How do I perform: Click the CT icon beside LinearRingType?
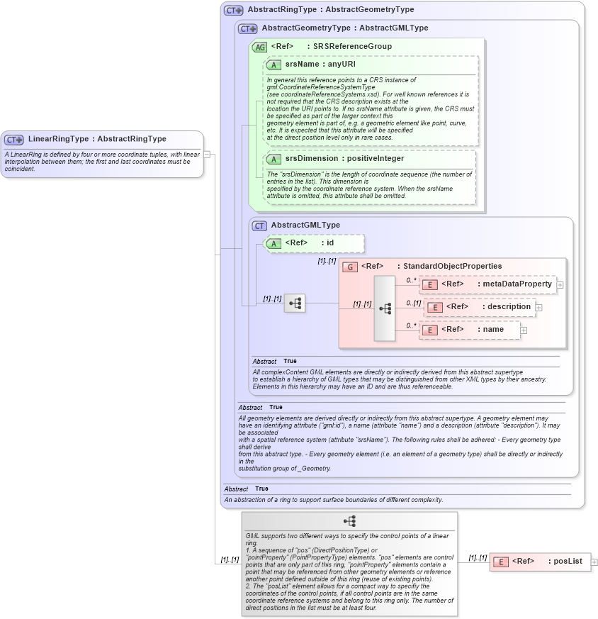(x=14, y=140)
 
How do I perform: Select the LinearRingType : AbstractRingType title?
(x=97, y=139)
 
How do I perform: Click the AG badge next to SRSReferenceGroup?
(x=259, y=47)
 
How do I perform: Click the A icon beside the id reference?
(x=273, y=243)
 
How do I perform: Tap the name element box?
(x=469, y=330)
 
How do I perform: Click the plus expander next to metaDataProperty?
(x=560, y=284)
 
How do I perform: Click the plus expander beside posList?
(x=594, y=562)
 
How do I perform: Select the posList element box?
(x=539, y=562)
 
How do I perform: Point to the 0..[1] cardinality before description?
(x=413, y=303)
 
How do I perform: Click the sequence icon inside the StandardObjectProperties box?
(x=385, y=308)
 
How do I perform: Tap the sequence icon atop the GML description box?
(x=349, y=521)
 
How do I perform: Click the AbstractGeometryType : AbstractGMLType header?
(x=344, y=28)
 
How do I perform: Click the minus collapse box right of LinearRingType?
(x=207, y=154)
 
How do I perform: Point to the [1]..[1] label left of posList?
(x=478, y=558)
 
